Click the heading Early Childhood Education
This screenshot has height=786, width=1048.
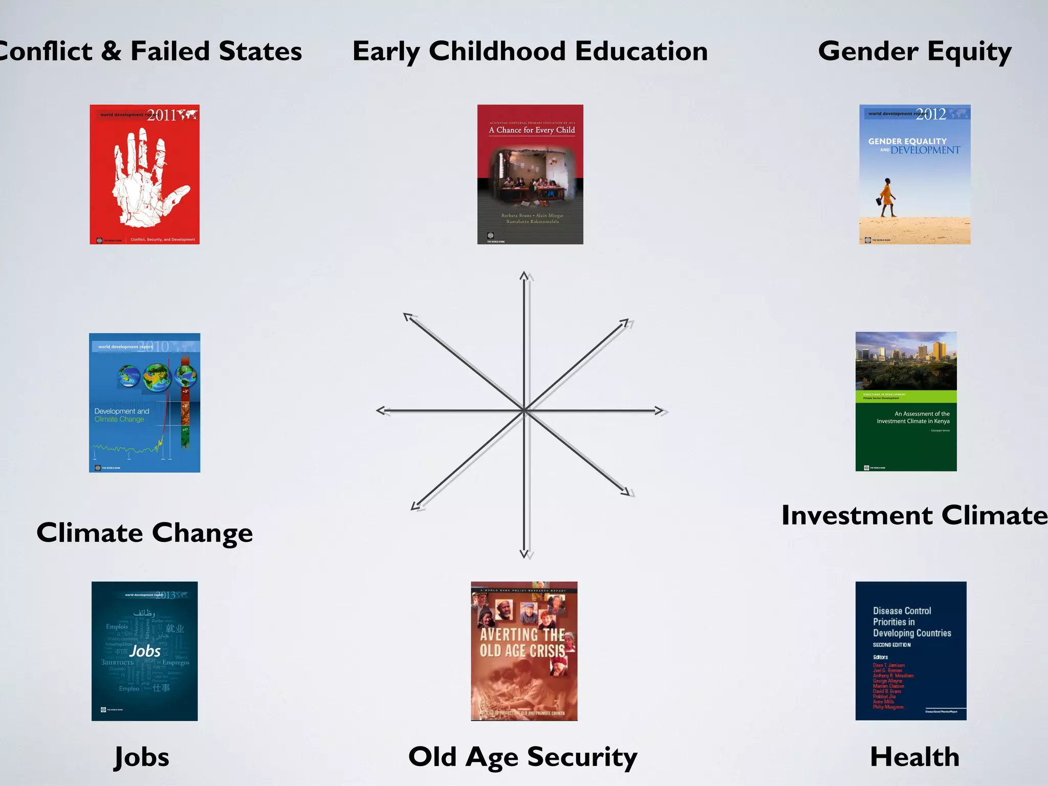pyautogui.click(x=530, y=52)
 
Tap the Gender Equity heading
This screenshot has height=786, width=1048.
pyautogui.click(x=914, y=52)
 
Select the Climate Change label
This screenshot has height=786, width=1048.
pyautogui.click(x=145, y=533)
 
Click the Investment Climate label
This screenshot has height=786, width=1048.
pyautogui.click(x=914, y=515)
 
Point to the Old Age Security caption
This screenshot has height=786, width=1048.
pyautogui.click(x=523, y=757)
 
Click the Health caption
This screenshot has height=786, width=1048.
pyautogui.click(x=914, y=757)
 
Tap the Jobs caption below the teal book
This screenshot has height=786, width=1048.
pyautogui.click(x=142, y=757)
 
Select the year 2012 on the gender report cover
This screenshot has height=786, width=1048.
pyautogui.click(x=931, y=114)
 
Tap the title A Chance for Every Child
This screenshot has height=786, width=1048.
pyautogui.click(x=532, y=130)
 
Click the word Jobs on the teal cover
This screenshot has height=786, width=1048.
pyautogui.click(x=145, y=651)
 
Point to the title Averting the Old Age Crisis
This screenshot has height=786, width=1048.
pyautogui.click(x=523, y=643)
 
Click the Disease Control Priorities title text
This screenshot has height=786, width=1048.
pyautogui.click(x=911, y=622)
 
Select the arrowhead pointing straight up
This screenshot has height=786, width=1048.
pyautogui.click(x=524, y=276)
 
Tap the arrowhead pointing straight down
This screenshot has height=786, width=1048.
pyautogui.click(x=524, y=553)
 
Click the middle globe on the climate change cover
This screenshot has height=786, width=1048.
pyautogui.click(x=157, y=377)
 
